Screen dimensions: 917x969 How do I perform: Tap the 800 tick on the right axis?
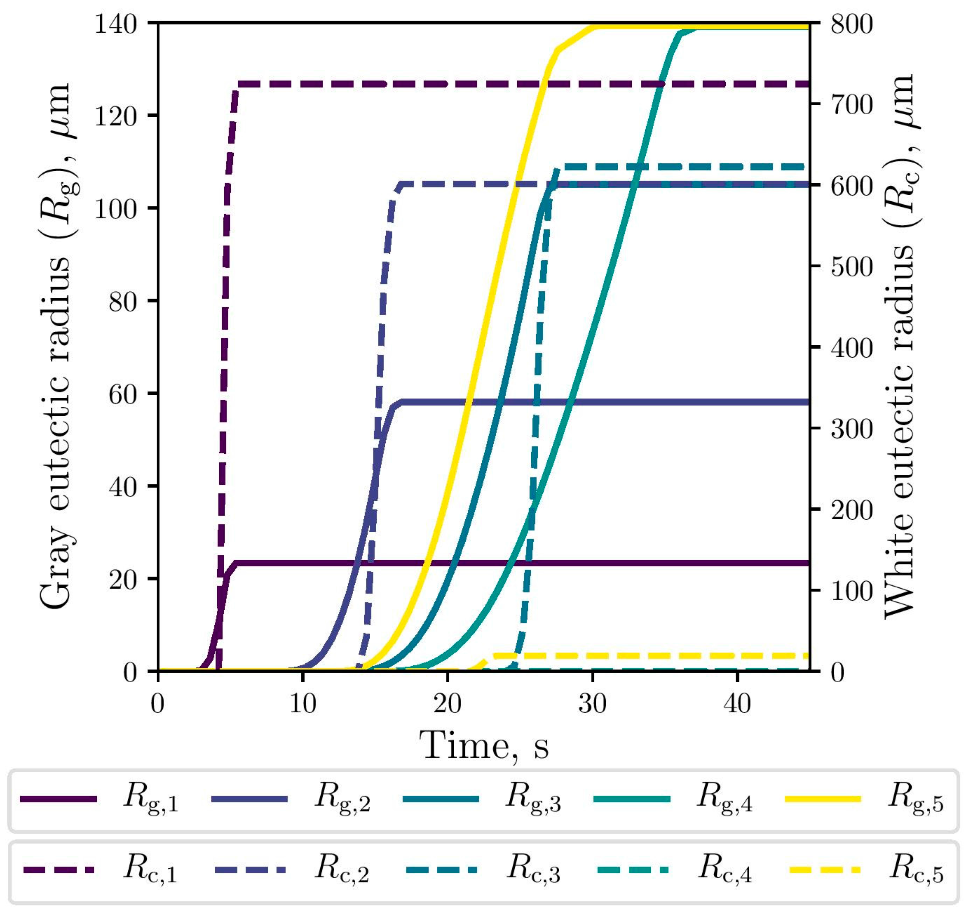click(852, 23)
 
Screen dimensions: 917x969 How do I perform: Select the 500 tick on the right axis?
click(852, 266)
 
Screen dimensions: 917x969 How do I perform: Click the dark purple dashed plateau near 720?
click(489, 84)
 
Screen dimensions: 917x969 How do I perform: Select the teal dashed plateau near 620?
click(684, 167)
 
